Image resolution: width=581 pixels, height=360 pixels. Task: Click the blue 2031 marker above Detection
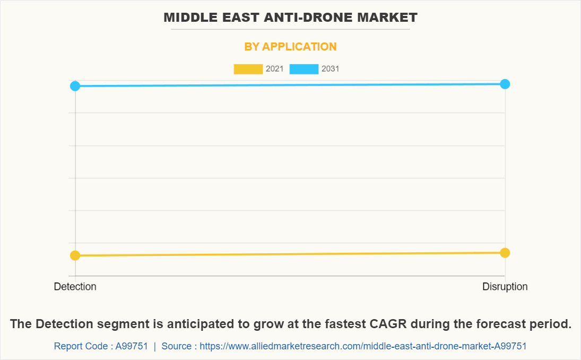pyautogui.click(x=75, y=86)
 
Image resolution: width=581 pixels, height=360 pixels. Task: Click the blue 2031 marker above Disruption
pyautogui.click(x=505, y=84)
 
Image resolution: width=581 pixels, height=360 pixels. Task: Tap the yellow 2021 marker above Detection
pyautogui.click(x=75, y=255)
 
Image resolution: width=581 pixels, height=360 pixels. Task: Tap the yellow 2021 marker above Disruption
pyautogui.click(x=505, y=253)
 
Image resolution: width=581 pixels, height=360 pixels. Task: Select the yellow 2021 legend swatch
pyautogui.click(x=248, y=69)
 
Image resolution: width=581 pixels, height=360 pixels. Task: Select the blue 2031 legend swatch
pyautogui.click(x=303, y=69)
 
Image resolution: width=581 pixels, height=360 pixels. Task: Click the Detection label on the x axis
pyautogui.click(x=75, y=287)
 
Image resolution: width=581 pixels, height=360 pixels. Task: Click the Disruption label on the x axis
pyautogui.click(x=505, y=287)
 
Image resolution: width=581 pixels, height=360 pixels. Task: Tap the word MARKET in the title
pyautogui.click(x=391, y=18)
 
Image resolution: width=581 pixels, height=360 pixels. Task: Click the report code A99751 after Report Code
pyautogui.click(x=132, y=346)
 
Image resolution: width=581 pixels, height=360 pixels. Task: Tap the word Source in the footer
pyautogui.click(x=177, y=346)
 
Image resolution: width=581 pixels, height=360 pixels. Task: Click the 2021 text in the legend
pyautogui.click(x=274, y=69)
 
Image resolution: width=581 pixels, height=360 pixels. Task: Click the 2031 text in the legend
pyautogui.click(x=330, y=69)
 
